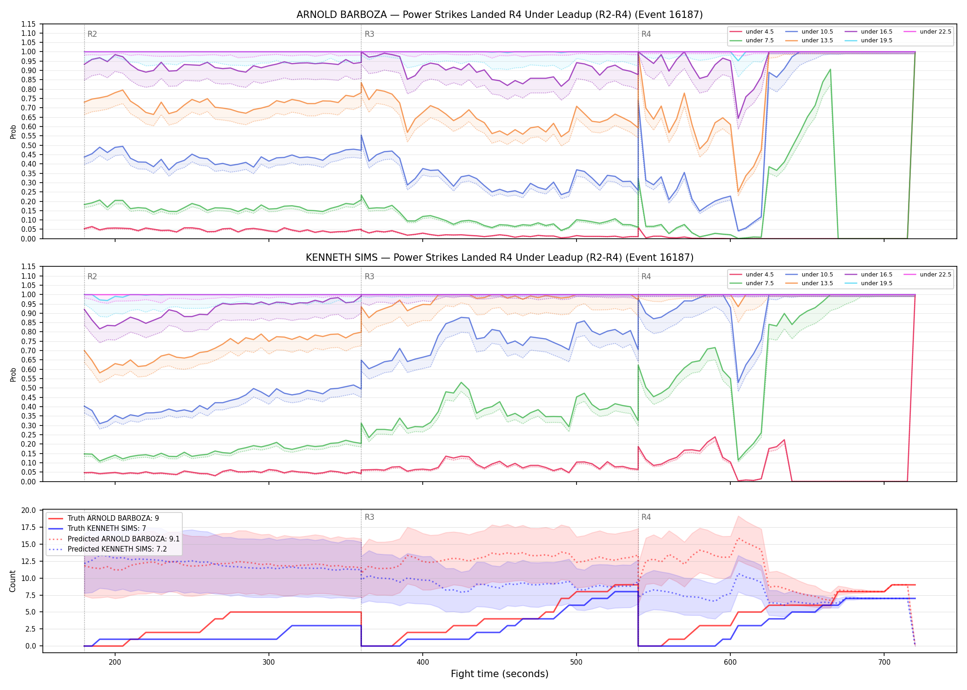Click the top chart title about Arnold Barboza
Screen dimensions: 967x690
500,15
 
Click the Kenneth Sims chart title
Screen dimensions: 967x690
500,258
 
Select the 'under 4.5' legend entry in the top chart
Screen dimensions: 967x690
752,32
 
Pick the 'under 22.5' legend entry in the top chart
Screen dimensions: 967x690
927,32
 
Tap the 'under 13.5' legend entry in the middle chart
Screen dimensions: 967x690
809,283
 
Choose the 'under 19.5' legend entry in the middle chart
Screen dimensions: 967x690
868,283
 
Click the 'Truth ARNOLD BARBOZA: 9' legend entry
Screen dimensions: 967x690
104,518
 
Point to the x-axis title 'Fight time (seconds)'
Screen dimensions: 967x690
500,674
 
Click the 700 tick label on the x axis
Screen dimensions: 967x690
884,662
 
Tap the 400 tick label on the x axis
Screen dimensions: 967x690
423,662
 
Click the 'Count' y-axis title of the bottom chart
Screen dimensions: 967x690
12,581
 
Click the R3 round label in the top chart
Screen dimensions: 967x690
369,34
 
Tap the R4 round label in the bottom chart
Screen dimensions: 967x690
646,517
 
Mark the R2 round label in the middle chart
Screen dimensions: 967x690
92,276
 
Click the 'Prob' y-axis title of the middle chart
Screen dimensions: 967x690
13,374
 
